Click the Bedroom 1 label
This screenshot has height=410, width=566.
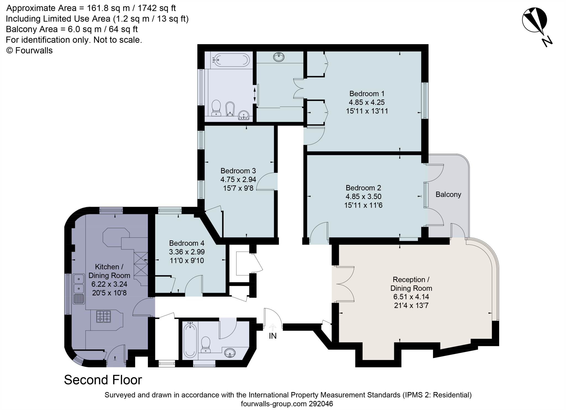click(367, 93)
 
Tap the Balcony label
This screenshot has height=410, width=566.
click(448, 195)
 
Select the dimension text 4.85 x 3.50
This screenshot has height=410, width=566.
click(363, 197)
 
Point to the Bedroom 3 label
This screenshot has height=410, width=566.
click(238, 171)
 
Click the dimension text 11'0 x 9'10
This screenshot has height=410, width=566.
click(187, 260)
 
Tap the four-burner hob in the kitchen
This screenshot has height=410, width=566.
click(104, 317)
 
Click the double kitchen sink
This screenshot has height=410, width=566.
click(79, 283)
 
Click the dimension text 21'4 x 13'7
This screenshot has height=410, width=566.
click(411, 306)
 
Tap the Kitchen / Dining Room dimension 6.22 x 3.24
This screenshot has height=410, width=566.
click(109, 284)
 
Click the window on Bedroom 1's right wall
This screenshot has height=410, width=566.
click(425, 101)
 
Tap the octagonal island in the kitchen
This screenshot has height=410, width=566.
click(116, 237)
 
